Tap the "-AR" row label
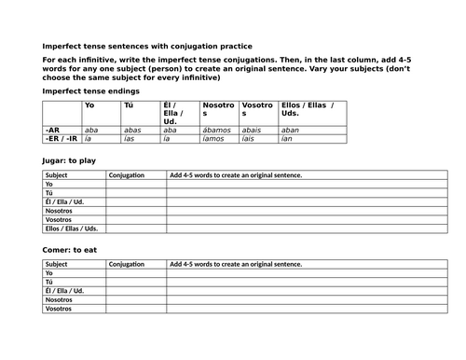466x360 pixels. (52, 131)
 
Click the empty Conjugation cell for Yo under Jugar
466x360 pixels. (136, 185)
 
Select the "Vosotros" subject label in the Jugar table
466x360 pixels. (59, 218)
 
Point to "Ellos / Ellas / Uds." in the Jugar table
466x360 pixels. (71, 228)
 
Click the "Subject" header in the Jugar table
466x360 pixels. (56, 174)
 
